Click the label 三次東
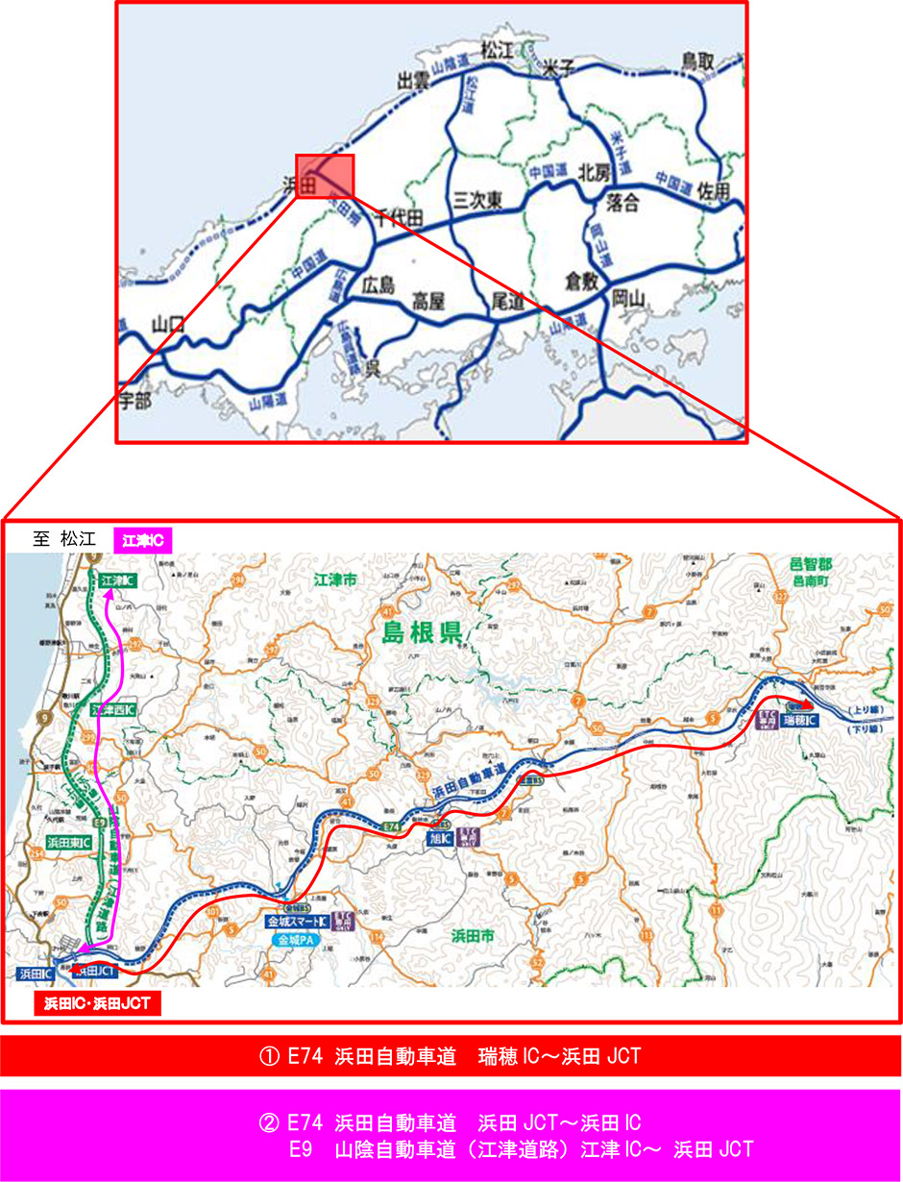point(478,200)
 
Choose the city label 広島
point(378,285)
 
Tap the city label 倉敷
point(581,282)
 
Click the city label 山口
point(168,323)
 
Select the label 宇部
point(135,402)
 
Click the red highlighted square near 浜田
point(325,176)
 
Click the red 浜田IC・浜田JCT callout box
point(96,1005)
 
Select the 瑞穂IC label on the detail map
point(799,719)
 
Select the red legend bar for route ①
point(451,1057)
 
